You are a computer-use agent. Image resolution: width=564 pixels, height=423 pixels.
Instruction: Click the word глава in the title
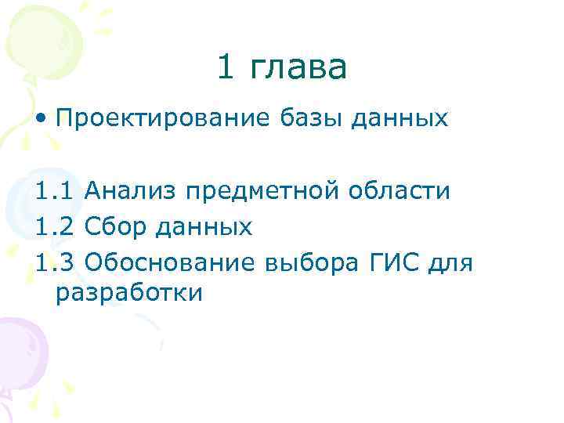pyautogui.click(x=298, y=69)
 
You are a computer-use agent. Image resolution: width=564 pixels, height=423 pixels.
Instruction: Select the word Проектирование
pyautogui.click(x=163, y=119)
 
